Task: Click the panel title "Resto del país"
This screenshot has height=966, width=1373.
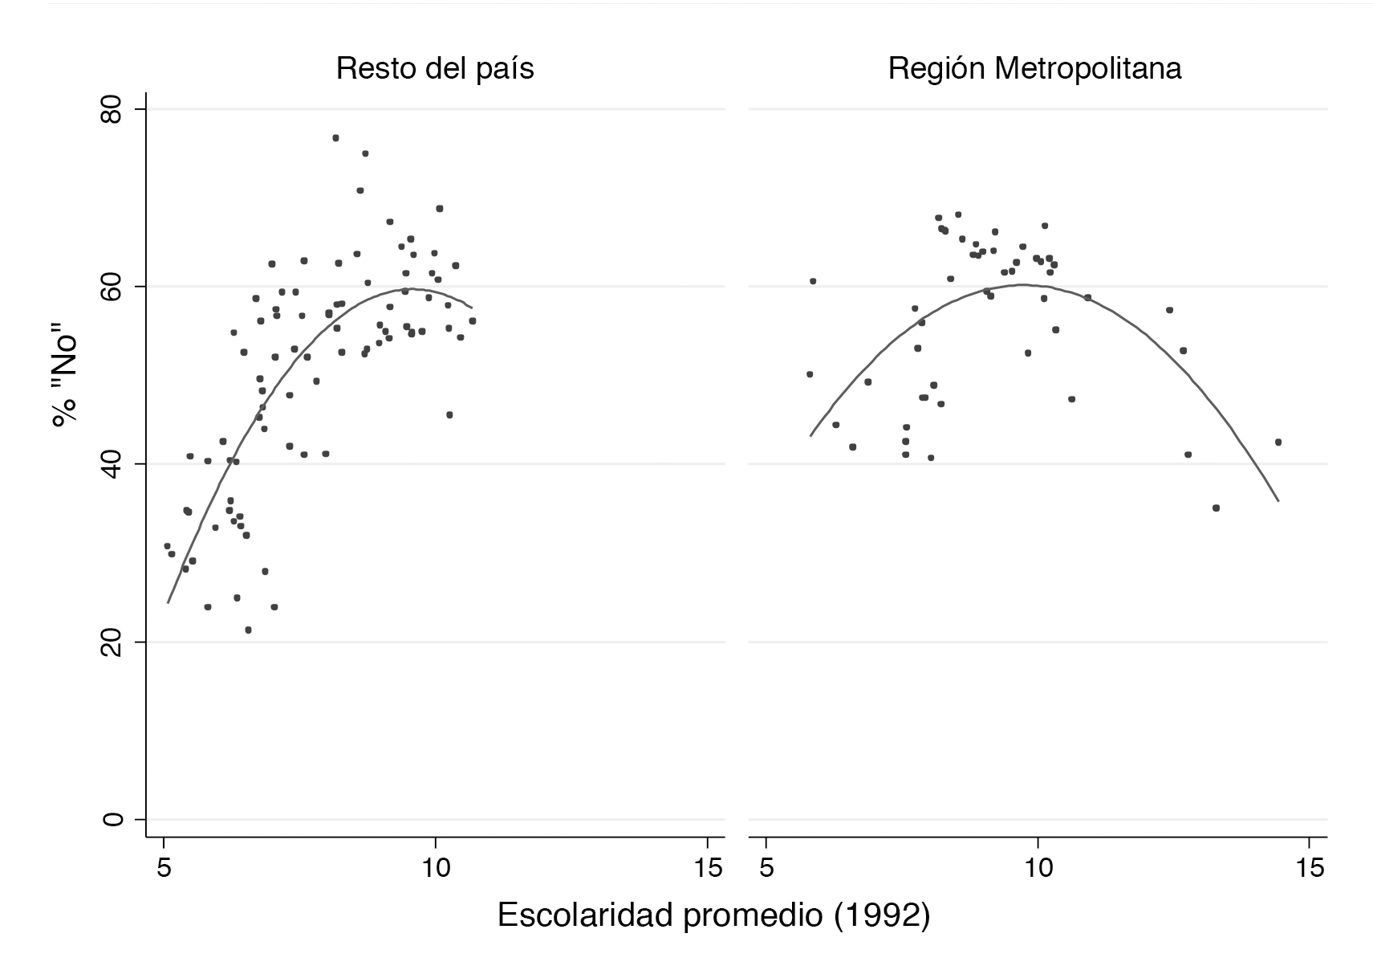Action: click(435, 69)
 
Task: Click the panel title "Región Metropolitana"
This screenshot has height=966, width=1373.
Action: click(1034, 69)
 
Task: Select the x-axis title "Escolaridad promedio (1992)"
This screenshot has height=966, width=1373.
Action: click(713, 916)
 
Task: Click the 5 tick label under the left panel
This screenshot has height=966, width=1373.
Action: click(164, 869)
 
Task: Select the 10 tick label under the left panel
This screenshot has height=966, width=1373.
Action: click(435, 869)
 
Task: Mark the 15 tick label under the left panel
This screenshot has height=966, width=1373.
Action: click(706, 869)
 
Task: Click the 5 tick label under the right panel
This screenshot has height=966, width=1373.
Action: click(766, 869)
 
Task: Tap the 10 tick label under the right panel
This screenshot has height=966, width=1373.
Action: click(1038, 869)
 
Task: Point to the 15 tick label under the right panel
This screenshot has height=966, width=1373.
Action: click(1309, 869)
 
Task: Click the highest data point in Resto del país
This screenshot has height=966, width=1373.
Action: click(335, 138)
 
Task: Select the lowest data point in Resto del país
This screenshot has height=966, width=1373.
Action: click(248, 630)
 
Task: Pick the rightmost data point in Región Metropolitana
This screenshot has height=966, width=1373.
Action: click(1278, 442)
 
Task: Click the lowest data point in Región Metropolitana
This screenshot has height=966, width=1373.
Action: click(1216, 507)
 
